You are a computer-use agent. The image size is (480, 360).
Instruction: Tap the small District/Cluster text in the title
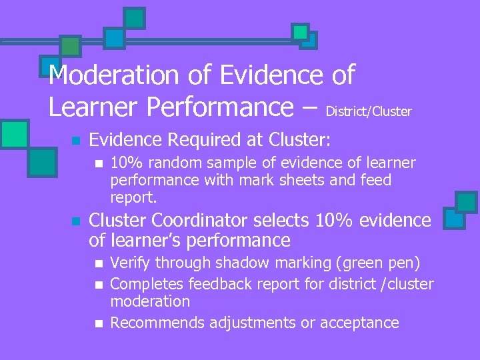[x=369, y=111]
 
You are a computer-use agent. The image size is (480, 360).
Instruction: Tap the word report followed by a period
[x=133, y=197]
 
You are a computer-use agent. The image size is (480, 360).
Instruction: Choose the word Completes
[x=147, y=284]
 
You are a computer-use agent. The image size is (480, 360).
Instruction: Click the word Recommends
[x=157, y=323]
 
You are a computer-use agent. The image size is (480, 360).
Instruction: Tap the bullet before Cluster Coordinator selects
[x=76, y=221]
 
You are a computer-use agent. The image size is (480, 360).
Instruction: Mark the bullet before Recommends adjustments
[x=99, y=324]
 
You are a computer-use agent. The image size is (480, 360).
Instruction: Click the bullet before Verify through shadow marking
[x=99, y=264]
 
